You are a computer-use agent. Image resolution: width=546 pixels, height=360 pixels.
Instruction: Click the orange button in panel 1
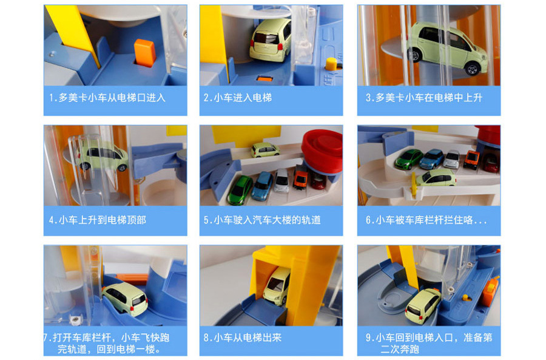pos(145,52)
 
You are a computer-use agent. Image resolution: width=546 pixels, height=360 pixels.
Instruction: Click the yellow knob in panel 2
pos(331,64)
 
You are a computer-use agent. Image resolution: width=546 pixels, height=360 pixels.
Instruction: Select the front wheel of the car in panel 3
pos(472,69)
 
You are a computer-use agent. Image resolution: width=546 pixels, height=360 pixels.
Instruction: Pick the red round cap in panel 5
pos(322,151)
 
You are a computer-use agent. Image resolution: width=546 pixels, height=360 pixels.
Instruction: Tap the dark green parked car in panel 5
pos(240,190)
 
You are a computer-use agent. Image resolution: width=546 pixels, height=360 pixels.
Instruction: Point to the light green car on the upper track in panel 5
pos(265,149)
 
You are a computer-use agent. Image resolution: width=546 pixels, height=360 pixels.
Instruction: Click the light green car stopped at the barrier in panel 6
pos(436,177)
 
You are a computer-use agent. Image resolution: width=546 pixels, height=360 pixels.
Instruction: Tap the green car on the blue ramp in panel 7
pos(125,298)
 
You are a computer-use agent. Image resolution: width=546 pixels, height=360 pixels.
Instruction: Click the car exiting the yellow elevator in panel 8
pos(277,286)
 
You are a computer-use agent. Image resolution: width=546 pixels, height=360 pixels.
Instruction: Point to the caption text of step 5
pos(262,220)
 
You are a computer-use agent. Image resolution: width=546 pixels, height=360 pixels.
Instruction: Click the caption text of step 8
pos(242,338)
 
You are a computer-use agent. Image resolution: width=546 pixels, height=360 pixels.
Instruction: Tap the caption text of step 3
pos(424,98)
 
